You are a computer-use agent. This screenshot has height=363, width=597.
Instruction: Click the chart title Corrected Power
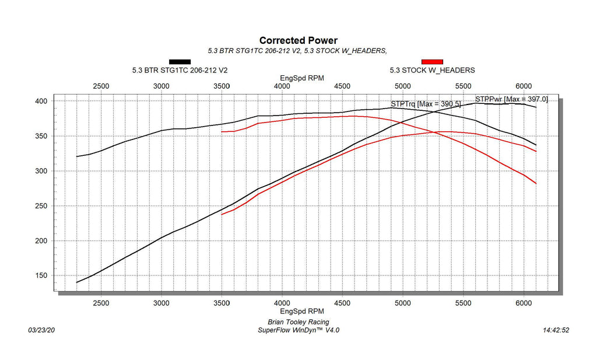click(x=298, y=40)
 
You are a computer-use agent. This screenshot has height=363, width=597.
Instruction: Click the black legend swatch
click(x=180, y=61)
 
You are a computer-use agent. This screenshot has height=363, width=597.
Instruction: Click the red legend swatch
click(x=432, y=61)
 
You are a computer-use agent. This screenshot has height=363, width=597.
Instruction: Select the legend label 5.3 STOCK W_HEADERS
click(x=432, y=70)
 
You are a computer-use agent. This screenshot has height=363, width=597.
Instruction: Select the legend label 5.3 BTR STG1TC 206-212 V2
click(x=180, y=70)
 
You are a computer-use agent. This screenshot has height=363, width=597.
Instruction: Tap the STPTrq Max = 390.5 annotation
click(x=426, y=104)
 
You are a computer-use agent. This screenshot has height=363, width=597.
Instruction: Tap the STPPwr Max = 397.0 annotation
click(x=511, y=99)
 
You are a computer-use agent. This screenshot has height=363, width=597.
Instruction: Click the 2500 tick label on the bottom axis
click(x=101, y=303)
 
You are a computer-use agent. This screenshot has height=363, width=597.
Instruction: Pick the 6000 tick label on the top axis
click(x=524, y=86)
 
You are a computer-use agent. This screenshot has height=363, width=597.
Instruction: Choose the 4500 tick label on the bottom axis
click(x=343, y=303)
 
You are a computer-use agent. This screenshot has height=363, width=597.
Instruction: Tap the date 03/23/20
click(x=41, y=330)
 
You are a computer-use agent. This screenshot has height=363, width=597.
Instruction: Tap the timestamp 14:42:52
click(x=556, y=330)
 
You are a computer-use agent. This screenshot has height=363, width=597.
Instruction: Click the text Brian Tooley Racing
click(x=298, y=322)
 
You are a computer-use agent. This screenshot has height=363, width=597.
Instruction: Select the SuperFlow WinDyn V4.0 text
click(x=298, y=330)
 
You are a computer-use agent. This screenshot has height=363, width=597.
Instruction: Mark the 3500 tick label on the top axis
click(x=222, y=86)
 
